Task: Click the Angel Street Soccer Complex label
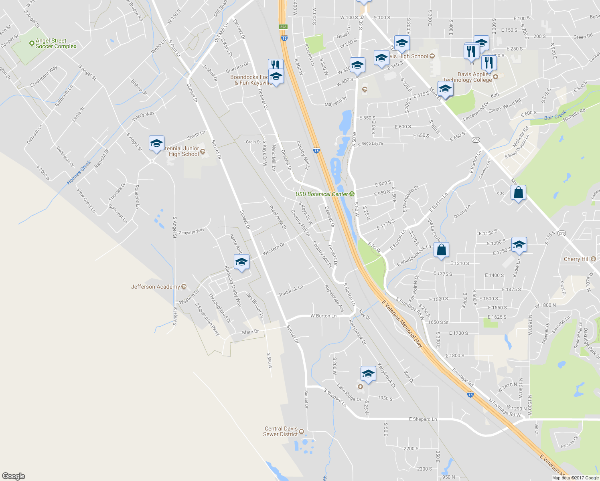click(56, 43)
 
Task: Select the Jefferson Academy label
click(156, 287)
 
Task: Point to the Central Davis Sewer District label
click(281, 431)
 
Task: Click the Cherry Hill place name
click(576, 259)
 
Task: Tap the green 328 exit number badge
click(284, 27)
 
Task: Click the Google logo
click(13, 476)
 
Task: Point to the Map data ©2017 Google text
click(575, 478)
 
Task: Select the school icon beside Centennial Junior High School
click(156, 143)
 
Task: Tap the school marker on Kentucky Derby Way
click(241, 262)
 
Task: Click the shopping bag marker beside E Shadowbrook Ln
click(441, 250)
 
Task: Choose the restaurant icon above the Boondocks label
click(275, 65)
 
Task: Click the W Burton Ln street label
click(323, 316)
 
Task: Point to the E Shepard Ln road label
click(423, 419)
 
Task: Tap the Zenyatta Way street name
click(191, 231)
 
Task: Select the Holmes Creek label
click(79, 172)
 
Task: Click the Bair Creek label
click(555, 115)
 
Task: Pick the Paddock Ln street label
click(291, 291)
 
